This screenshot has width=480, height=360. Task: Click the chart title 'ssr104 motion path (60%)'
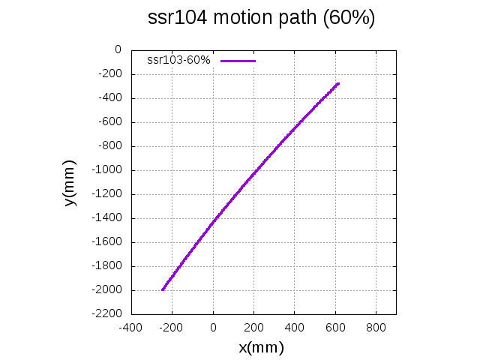point(262,19)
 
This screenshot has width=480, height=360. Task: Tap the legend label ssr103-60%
point(178,60)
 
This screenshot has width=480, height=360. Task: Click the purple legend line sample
point(238,60)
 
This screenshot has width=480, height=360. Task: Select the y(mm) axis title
point(70,182)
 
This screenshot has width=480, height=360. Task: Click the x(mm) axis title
point(261,347)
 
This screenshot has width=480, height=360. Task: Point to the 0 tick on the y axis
point(117,50)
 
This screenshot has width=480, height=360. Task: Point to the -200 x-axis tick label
point(172,327)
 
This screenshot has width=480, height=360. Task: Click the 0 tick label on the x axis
point(214,327)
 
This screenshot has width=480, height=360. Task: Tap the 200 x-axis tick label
point(254,327)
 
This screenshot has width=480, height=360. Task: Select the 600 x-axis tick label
point(335,327)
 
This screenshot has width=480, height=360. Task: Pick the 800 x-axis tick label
point(376,327)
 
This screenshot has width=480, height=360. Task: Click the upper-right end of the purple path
point(338,83)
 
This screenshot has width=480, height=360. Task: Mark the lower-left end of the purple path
point(163,289)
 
